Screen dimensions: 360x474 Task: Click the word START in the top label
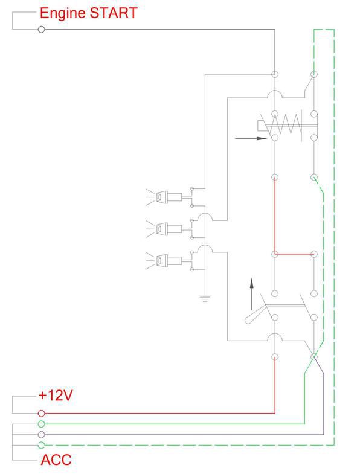114,13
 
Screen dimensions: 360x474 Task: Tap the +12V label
56,395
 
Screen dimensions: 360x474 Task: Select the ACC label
56,460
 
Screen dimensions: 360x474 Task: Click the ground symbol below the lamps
205,298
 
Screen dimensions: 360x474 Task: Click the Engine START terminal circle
42,30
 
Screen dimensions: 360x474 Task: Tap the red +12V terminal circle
42,413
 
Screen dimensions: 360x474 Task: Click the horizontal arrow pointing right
251,138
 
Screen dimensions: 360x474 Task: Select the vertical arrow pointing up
251,294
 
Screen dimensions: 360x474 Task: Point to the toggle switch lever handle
253,316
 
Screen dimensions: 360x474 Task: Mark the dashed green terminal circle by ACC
42,445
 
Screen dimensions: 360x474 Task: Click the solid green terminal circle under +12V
42,424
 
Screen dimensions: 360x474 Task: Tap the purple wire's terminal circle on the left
42,434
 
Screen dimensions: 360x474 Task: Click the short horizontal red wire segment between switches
294,254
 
